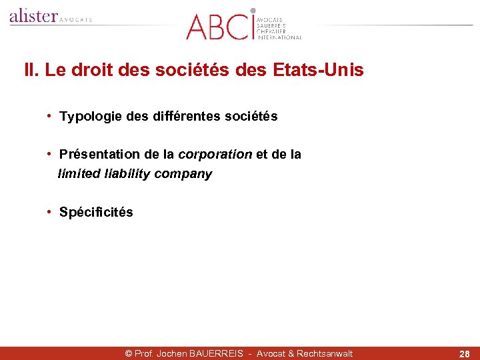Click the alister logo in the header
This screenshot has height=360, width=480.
click(x=33, y=16)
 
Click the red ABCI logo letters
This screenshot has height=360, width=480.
click(x=218, y=25)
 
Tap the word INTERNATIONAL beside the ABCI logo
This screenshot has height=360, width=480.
click(x=280, y=37)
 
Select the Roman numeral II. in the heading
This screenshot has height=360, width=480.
click(x=31, y=70)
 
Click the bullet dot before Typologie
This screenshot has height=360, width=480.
click(x=50, y=117)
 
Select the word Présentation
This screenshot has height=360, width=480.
click(x=99, y=155)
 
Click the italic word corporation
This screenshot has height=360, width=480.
click(x=215, y=155)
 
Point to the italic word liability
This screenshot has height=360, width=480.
click(x=127, y=174)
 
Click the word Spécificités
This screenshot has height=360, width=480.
click(x=96, y=213)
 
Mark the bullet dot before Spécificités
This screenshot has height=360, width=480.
click(x=50, y=212)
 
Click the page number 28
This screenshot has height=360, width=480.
click(x=464, y=354)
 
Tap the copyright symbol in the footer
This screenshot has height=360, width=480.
click(x=129, y=353)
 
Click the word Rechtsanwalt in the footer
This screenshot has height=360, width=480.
click(x=325, y=353)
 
